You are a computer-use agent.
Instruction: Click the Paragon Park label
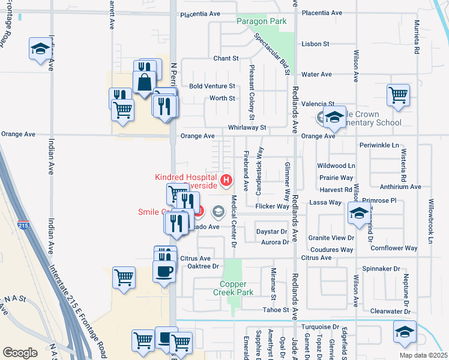coord(261,21)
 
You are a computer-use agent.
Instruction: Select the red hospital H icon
coord(226,179)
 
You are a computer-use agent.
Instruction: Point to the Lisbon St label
coord(316,44)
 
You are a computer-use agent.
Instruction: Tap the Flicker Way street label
coord(272,206)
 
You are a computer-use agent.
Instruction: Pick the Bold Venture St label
coord(212,86)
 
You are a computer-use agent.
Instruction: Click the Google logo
coord(20,352)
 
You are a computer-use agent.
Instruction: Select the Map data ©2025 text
coord(423,355)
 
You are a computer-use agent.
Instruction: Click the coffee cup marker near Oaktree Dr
coord(164,271)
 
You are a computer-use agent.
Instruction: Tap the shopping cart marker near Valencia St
coord(399,94)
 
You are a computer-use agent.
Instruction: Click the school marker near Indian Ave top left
coord(40,49)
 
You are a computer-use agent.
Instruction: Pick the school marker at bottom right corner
coord(405,331)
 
